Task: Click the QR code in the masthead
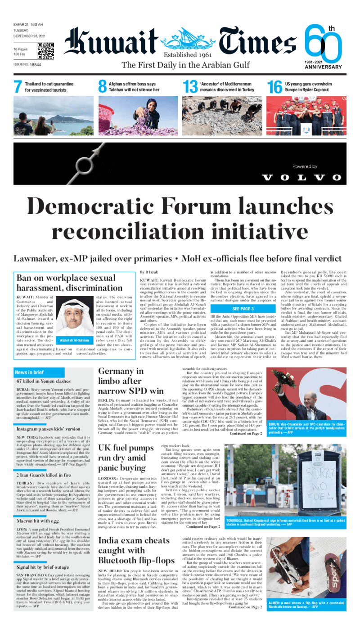pos(45,51)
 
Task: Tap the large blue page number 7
pos(18,87)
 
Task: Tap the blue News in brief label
pos(29,372)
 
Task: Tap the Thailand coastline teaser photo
pos(53,116)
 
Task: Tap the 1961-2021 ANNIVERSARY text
pos(323,64)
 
